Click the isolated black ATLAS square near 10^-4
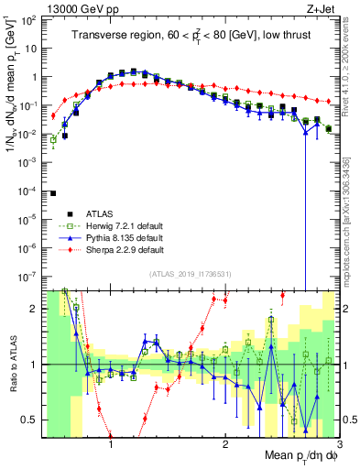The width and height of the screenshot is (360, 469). [x=53, y=193]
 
